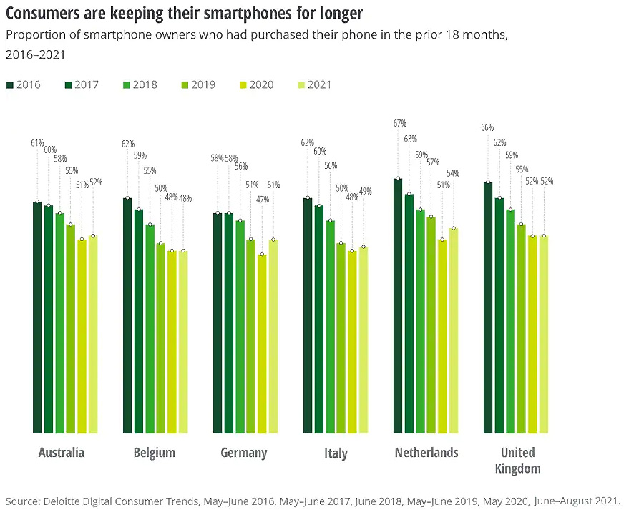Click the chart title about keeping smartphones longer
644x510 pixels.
tap(184, 13)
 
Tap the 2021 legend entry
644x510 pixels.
tap(314, 84)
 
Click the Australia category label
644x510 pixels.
tap(61, 453)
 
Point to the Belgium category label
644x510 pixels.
tap(154, 453)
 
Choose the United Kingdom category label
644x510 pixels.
tap(517, 461)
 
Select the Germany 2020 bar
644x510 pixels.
tap(262, 344)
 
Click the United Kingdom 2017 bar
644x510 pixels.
tap(499, 315)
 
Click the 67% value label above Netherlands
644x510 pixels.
tap(399, 124)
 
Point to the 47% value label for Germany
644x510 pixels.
tap(263, 200)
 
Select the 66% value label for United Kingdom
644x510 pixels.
tap(488, 128)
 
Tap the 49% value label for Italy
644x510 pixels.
tap(364, 192)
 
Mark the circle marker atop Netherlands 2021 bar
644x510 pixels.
tap(454, 229)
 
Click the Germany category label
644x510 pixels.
tap(243, 453)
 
